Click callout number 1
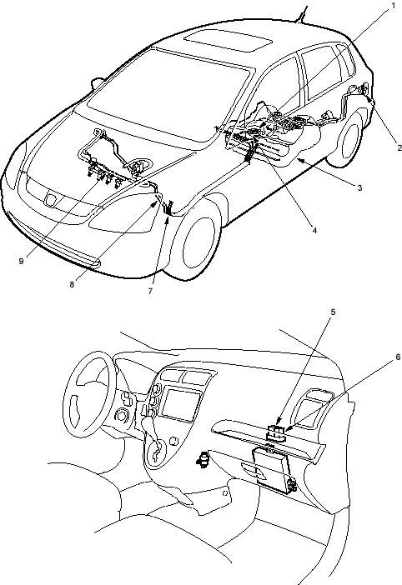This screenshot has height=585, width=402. click(x=393, y=6)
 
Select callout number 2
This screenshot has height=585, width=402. click(x=399, y=147)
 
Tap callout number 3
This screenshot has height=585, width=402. click(x=359, y=187)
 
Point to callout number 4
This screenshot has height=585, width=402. click(x=314, y=231)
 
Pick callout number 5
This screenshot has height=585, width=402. click(x=333, y=312)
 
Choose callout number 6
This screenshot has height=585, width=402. click(x=398, y=357)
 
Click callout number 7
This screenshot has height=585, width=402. click(x=150, y=292)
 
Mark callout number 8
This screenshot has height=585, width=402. click(x=72, y=284)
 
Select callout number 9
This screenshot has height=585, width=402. click(x=22, y=261)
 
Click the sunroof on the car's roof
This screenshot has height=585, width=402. click(x=229, y=41)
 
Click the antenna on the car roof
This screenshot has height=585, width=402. click(x=301, y=14)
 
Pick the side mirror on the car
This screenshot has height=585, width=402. click(x=98, y=83)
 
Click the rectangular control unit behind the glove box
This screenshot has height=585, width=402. click(x=271, y=469)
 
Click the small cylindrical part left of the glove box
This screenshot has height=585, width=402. click(x=204, y=458)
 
